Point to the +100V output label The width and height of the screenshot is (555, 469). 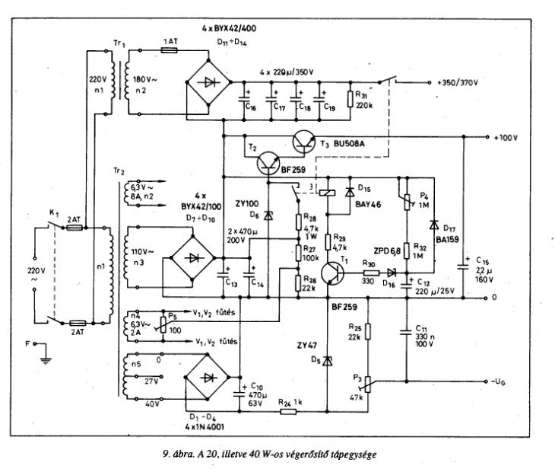tap(504, 138)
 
